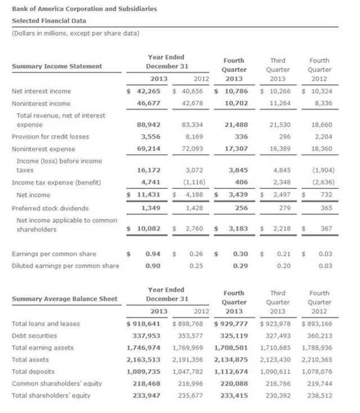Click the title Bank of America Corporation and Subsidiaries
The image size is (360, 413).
(x=84, y=9)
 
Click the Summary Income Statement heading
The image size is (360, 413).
(x=57, y=66)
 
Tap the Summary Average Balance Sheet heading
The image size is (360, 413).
(x=65, y=298)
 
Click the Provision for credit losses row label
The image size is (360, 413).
(x=50, y=136)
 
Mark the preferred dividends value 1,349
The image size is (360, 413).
(x=150, y=208)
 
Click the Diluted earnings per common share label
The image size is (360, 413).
(x=65, y=266)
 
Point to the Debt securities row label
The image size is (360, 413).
(x=34, y=335)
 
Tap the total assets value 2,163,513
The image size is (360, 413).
(x=143, y=360)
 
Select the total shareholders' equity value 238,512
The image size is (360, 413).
(x=317, y=395)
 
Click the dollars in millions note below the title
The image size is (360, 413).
(x=75, y=33)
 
